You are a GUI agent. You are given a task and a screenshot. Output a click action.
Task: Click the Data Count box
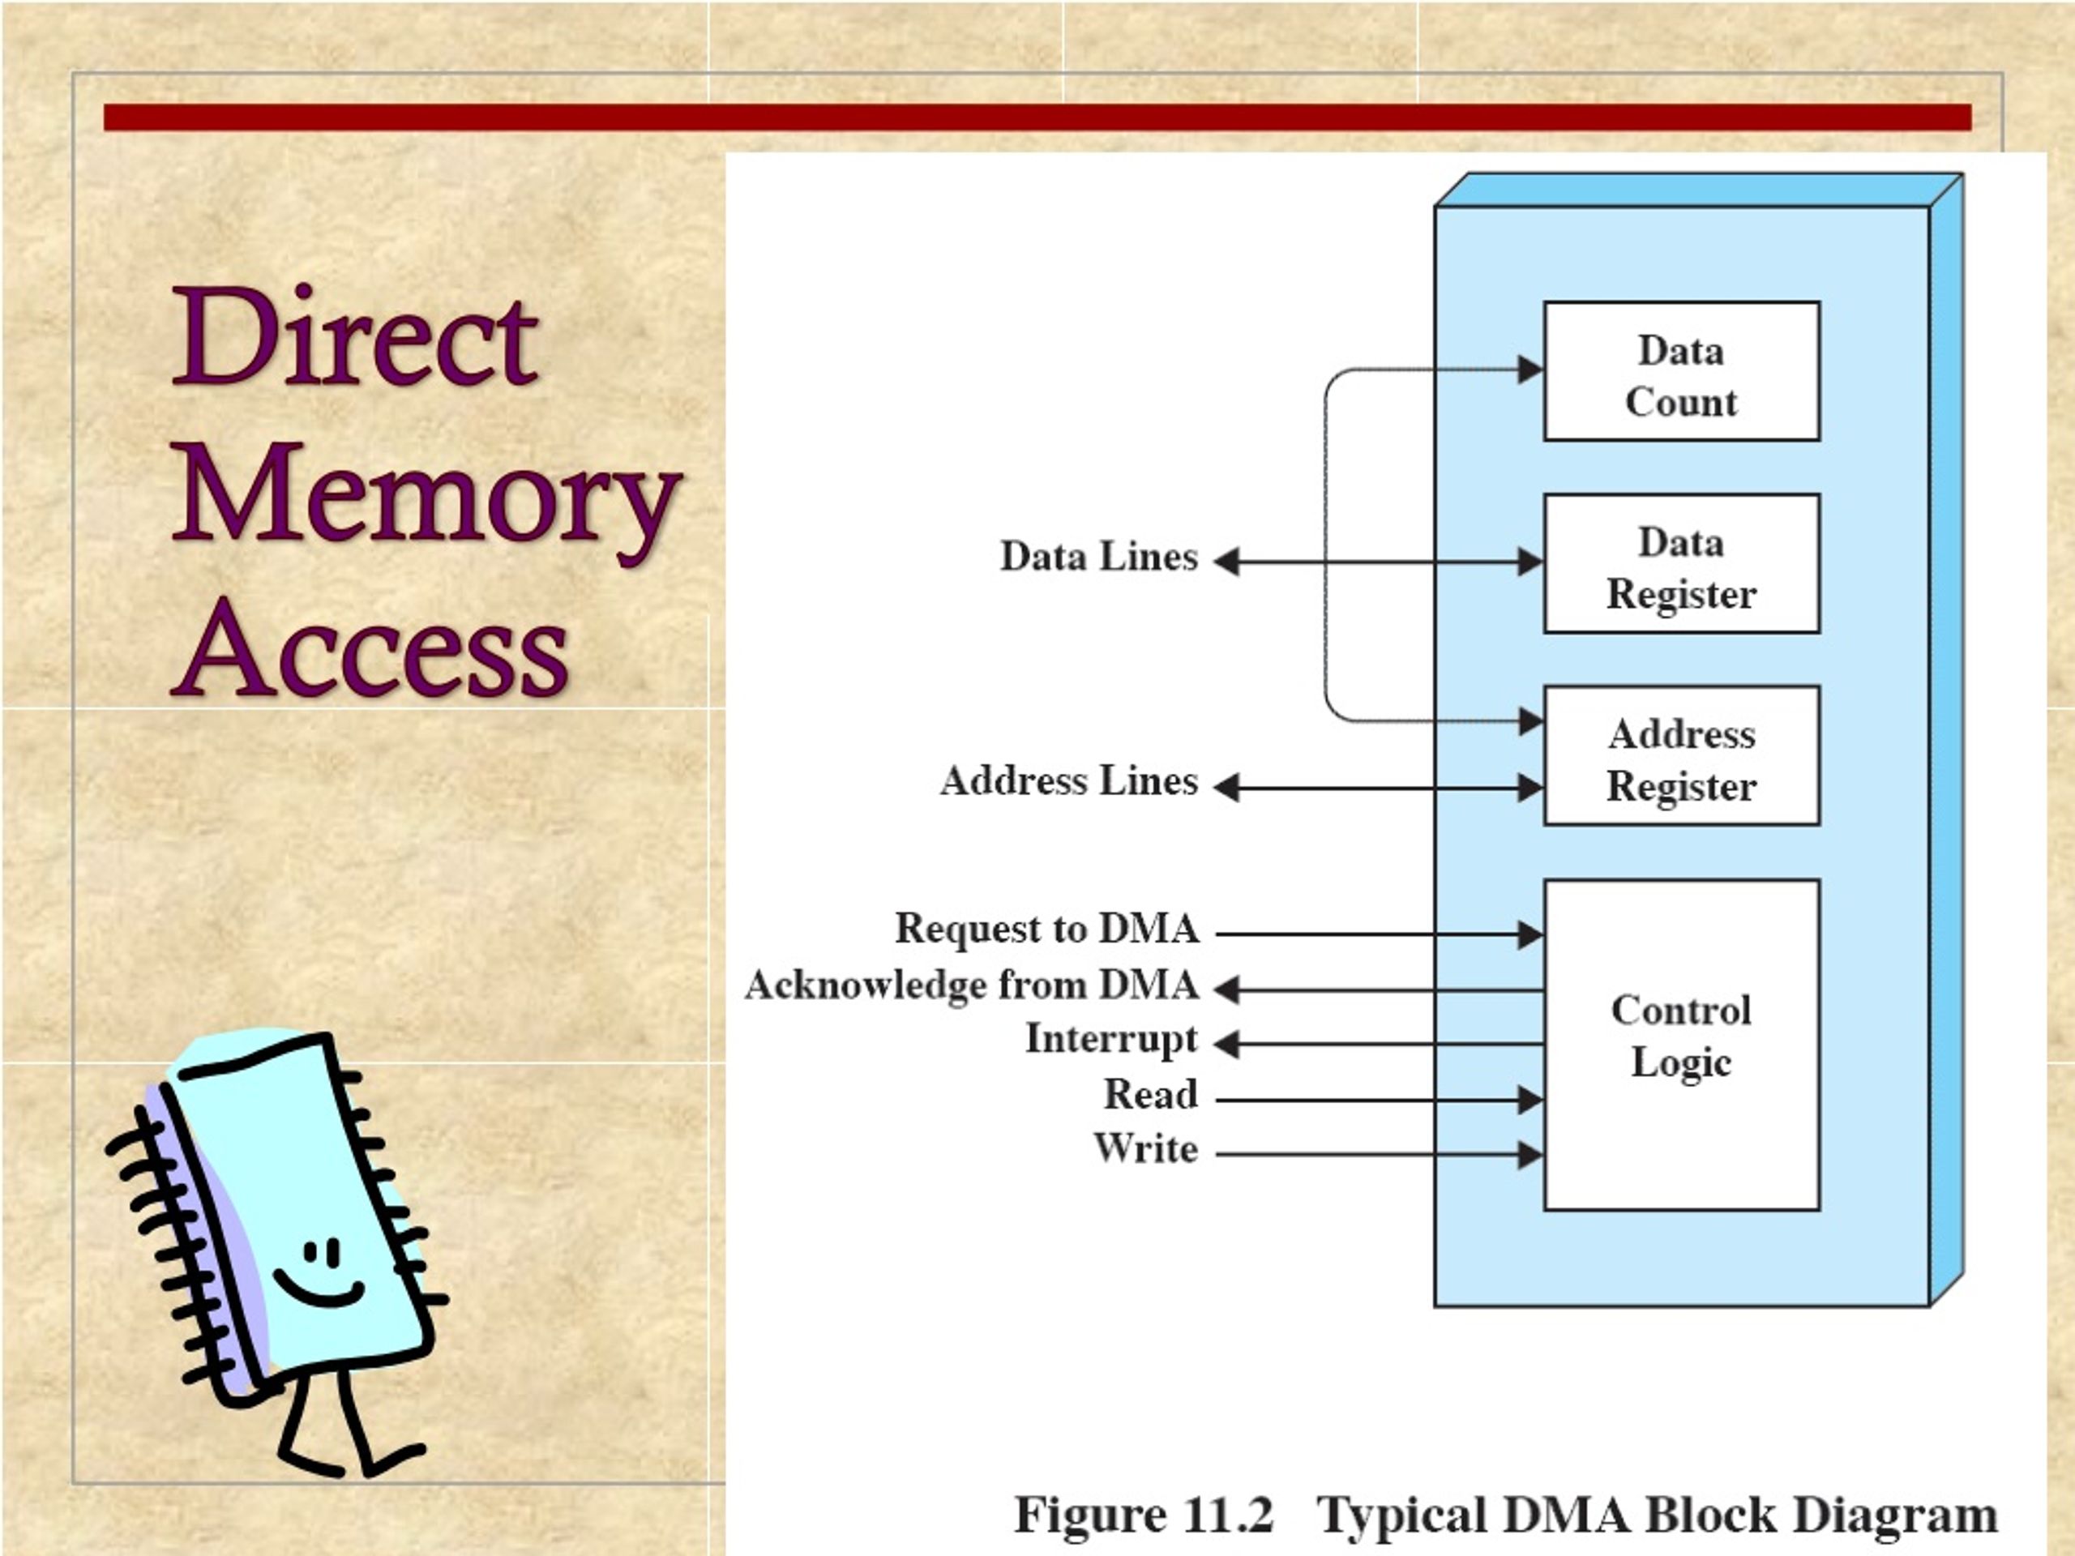pyautogui.click(x=1682, y=371)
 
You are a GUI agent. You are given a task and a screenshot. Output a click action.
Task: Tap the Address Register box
pyautogui.click(x=1682, y=756)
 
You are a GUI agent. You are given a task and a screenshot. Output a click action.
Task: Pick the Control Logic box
pyautogui.click(x=1682, y=1045)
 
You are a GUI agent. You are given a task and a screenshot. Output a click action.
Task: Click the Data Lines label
pyautogui.click(x=1099, y=556)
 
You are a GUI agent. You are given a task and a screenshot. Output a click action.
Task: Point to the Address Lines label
pyautogui.click(x=1069, y=780)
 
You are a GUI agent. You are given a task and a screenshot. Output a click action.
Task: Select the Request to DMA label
pyautogui.click(x=1047, y=929)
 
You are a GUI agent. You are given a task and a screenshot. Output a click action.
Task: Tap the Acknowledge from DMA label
pyautogui.click(x=972, y=985)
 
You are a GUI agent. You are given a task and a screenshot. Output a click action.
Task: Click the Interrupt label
pyautogui.click(x=1111, y=1039)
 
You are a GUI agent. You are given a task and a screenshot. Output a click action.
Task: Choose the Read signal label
pyautogui.click(x=1151, y=1093)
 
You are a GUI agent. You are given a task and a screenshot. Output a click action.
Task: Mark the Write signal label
pyautogui.click(x=1146, y=1148)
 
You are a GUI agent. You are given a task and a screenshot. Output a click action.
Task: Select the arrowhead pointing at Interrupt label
pyautogui.click(x=1227, y=1044)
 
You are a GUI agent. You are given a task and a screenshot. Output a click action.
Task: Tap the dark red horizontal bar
pyautogui.click(x=1037, y=118)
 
